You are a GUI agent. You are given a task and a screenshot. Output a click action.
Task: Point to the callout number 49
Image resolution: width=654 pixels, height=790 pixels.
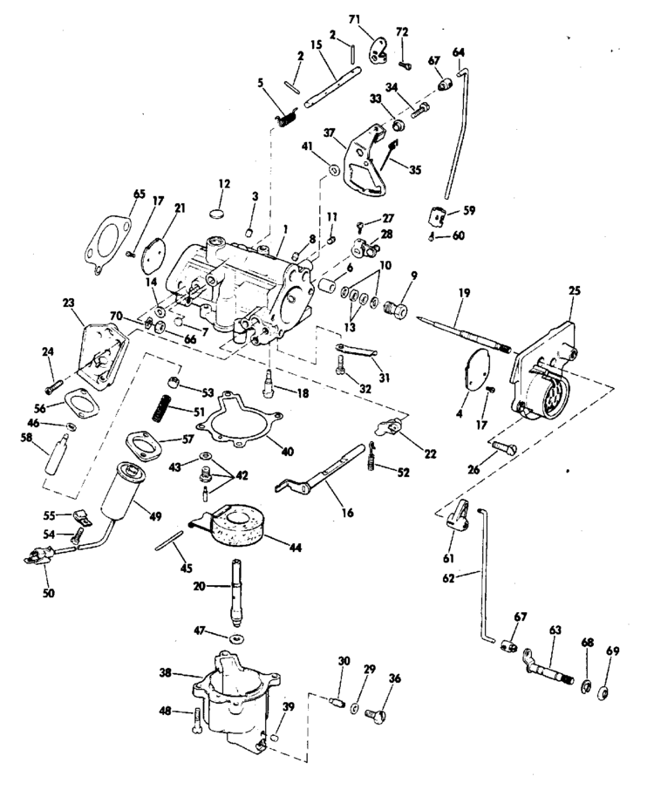pyautogui.click(x=154, y=516)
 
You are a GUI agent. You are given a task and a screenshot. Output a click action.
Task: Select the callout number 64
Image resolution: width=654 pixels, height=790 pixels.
pyautogui.click(x=459, y=51)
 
